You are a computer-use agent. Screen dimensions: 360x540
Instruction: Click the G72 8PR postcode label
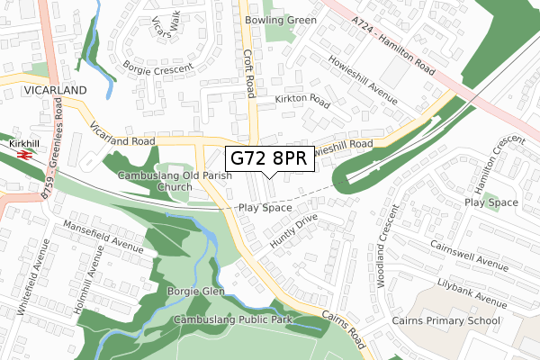coord(269,159)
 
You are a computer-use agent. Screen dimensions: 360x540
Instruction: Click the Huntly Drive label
coord(293,232)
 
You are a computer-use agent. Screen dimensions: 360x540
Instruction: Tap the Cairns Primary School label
coord(445,319)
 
